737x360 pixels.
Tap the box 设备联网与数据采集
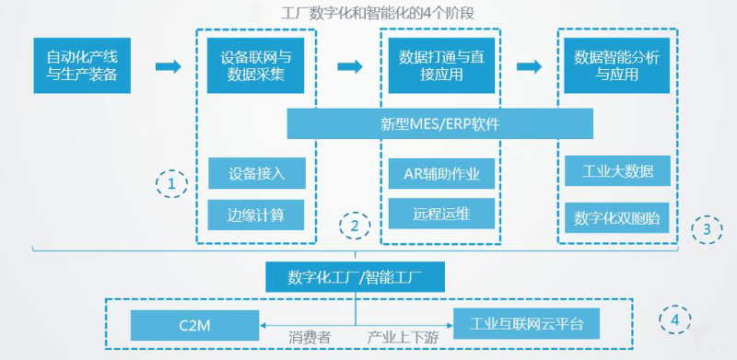click(x=253, y=65)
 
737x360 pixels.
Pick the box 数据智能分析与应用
click(x=616, y=65)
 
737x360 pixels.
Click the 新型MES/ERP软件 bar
click(x=439, y=123)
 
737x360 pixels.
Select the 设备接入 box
click(x=255, y=173)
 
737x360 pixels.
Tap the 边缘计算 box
click(x=255, y=215)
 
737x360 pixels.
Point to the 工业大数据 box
click(x=617, y=172)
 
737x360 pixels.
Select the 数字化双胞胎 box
click(x=617, y=218)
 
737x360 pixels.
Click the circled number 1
click(x=171, y=184)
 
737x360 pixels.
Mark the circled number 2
click(x=355, y=224)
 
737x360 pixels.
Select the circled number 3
click(x=707, y=226)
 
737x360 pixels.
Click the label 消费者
click(x=310, y=338)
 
